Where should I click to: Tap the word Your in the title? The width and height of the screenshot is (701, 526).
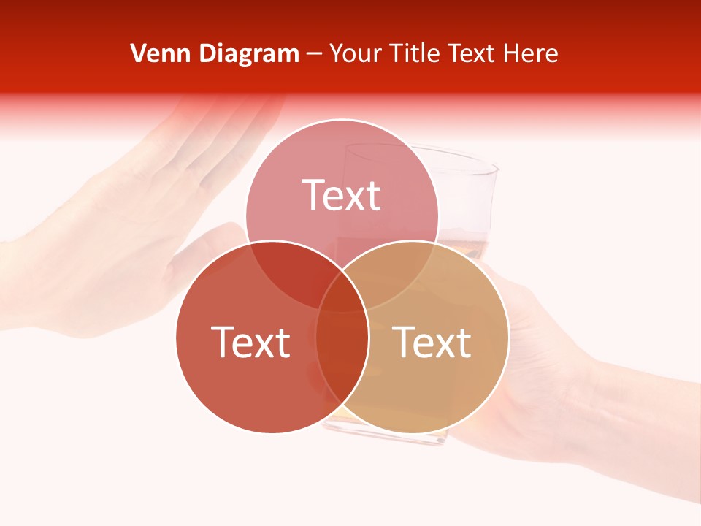356,53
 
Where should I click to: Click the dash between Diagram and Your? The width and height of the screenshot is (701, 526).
314,54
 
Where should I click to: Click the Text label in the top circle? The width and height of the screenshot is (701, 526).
342,195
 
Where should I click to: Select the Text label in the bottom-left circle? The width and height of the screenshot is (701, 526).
250,341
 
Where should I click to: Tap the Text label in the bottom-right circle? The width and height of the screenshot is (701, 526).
432,341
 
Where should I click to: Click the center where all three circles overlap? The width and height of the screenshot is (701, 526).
342,292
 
